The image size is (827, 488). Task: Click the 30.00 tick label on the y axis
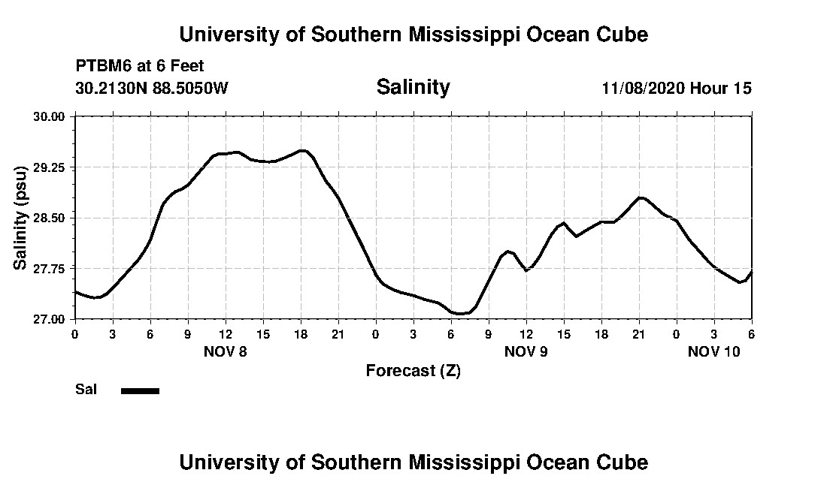point(51,116)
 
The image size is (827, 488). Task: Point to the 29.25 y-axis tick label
point(51,167)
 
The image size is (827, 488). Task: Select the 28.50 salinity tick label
point(51,218)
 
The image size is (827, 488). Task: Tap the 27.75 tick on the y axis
point(51,268)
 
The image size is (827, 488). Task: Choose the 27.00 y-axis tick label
point(51,319)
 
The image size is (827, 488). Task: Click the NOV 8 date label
point(226,351)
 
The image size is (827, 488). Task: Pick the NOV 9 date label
point(526,351)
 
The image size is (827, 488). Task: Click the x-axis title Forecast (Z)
point(413,370)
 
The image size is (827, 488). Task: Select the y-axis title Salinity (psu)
point(21,218)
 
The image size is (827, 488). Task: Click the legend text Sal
point(86,390)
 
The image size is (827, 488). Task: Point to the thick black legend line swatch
point(140,390)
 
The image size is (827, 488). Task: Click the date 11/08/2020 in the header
point(644,88)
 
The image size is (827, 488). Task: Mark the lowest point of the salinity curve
point(459,313)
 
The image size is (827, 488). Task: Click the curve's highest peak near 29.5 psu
point(302,150)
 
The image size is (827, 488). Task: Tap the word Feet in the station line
point(186,66)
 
